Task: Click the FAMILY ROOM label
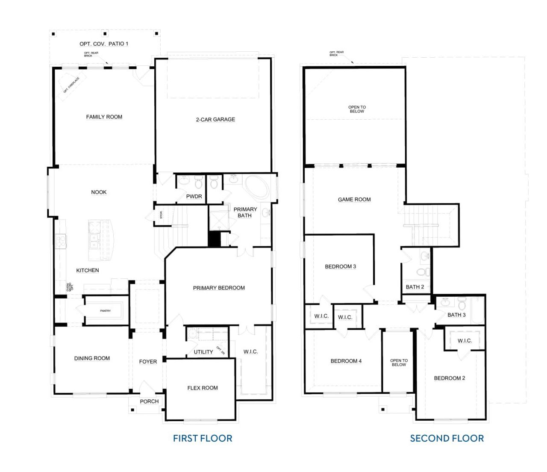click(104, 117)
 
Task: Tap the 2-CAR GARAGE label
click(215, 119)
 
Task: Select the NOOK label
click(99, 192)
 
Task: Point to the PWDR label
click(194, 197)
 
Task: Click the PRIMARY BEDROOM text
click(219, 288)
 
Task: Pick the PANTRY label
click(105, 311)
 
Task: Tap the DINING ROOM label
click(92, 358)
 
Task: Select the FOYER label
click(148, 362)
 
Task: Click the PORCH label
click(149, 401)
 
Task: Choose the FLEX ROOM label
click(203, 388)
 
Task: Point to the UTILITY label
click(203, 352)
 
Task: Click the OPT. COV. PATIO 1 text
click(104, 44)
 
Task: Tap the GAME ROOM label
click(354, 199)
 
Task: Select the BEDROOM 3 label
click(340, 266)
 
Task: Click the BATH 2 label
click(415, 287)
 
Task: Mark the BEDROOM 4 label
click(346, 361)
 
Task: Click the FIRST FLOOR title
click(203, 438)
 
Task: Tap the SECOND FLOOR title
click(447, 438)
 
